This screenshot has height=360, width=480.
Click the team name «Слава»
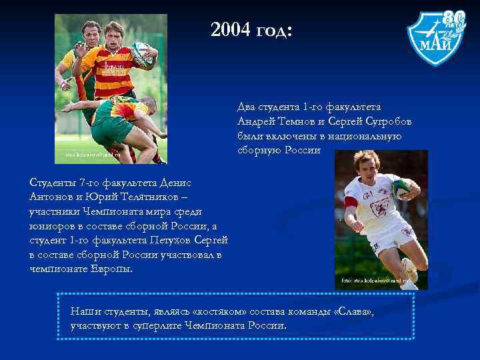(358, 311)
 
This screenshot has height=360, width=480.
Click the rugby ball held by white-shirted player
(403, 188)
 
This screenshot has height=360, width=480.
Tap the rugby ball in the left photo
(142, 53)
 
